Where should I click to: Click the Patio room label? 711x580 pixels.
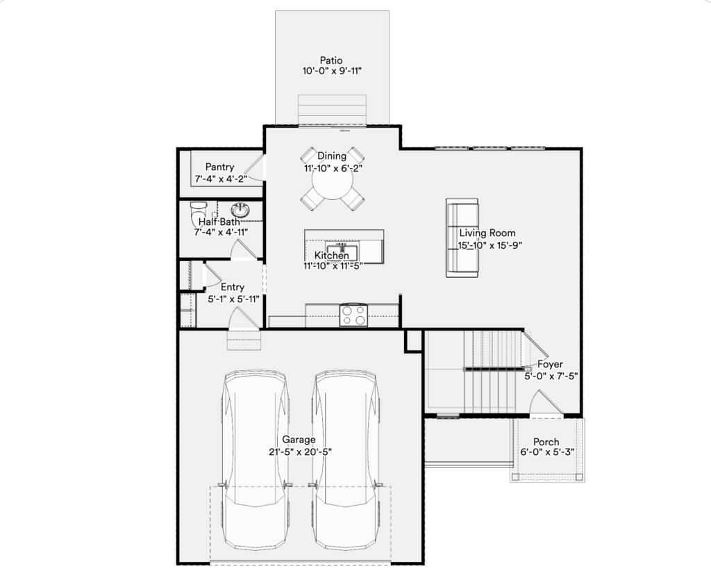point(331,60)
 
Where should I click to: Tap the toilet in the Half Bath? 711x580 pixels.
point(198,210)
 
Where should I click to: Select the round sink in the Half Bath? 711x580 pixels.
point(240,210)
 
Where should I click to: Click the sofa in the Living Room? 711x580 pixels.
point(462,238)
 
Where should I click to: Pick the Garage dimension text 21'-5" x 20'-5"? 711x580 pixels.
point(300,451)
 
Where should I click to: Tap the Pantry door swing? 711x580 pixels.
point(256,168)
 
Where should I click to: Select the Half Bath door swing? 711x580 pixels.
point(244,249)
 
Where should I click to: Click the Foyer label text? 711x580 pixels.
point(550,364)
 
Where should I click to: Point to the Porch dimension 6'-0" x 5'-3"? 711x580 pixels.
point(547,452)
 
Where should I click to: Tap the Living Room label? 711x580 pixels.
point(487,233)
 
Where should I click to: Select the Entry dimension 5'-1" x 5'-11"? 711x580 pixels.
point(233,299)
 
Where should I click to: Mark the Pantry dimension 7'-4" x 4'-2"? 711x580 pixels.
point(221,179)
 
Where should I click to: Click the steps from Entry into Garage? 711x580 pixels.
point(244,340)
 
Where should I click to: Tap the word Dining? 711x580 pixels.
point(332,156)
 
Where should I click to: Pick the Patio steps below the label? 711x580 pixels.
point(332,109)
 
